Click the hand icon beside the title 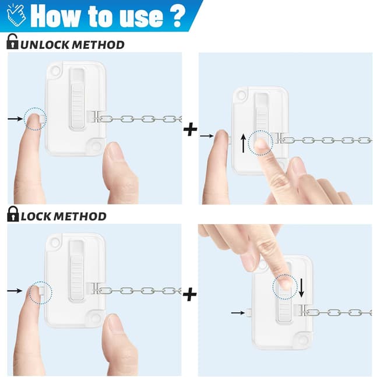point(13,15)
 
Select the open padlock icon point(12,43)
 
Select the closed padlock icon point(12,215)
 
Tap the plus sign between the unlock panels point(190,129)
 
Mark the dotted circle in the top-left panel point(36,119)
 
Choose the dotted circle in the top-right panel point(260,142)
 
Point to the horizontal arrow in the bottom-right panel point(237,313)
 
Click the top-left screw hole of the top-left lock point(55,71)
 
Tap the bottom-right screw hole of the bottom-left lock point(94,318)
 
